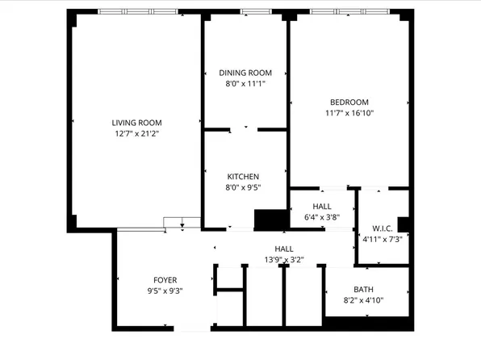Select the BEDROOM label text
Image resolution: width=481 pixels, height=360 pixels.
point(349,102)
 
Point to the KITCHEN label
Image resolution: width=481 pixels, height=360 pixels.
point(243,177)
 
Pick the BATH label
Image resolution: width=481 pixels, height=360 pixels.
point(365,290)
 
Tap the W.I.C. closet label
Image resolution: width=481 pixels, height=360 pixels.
point(382,228)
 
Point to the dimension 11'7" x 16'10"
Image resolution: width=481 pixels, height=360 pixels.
point(349,113)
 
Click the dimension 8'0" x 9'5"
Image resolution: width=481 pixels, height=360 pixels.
point(243,187)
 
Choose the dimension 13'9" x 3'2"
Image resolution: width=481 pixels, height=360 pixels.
point(283,259)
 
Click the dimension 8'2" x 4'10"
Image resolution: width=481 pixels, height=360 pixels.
point(365,301)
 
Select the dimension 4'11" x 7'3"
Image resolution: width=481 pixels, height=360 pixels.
point(382,239)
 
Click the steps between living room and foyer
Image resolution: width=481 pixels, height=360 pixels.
point(180,224)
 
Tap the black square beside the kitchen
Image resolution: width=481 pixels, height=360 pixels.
point(270,219)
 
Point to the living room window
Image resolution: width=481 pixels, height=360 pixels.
point(137,12)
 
